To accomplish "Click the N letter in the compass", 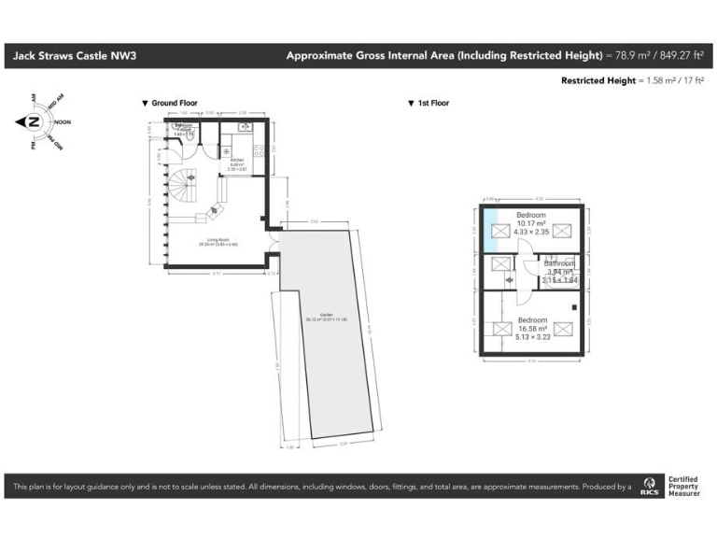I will click(33, 122).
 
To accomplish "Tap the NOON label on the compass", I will click(63, 122).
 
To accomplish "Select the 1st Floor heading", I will click(432, 103).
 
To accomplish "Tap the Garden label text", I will click(326, 316).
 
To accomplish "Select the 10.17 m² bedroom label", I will click(531, 224).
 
